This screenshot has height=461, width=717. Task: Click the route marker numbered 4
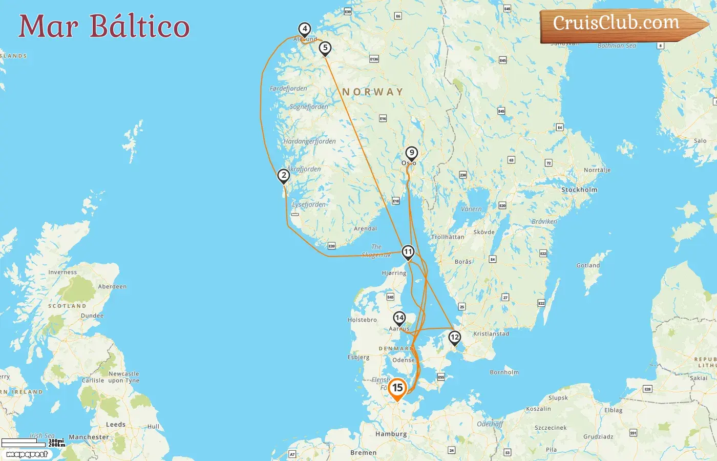tap(305, 29)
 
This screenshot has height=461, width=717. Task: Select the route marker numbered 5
tap(325, 48)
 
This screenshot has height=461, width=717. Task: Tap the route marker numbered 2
tap(284, 176)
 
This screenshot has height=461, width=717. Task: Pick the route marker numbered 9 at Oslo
tap(411, 153)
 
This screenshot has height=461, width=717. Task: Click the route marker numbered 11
tap(408, 252)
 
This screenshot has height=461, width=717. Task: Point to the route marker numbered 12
tap(454, 337)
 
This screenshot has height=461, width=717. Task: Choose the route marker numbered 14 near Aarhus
tap(399, 318)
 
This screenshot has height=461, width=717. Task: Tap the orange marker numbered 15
tap(397, 388)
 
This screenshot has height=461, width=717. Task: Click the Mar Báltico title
tap(104, 26)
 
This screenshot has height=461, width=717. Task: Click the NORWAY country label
tap(373, 92)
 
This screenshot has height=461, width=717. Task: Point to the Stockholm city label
tap(579, 190)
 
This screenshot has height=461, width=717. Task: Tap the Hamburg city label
tap(391, 434)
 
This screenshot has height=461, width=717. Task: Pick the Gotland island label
tap(588, 265)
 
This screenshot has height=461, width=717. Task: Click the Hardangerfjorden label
tap(310, 141)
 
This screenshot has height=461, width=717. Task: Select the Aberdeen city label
tap(112, 286)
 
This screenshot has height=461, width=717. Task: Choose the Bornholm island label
tap(504, 372)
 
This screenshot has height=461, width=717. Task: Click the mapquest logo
tap(27, 454)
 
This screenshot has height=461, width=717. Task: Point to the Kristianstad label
tap(491, 333)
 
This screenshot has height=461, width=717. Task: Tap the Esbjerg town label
tap(358, 357)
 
